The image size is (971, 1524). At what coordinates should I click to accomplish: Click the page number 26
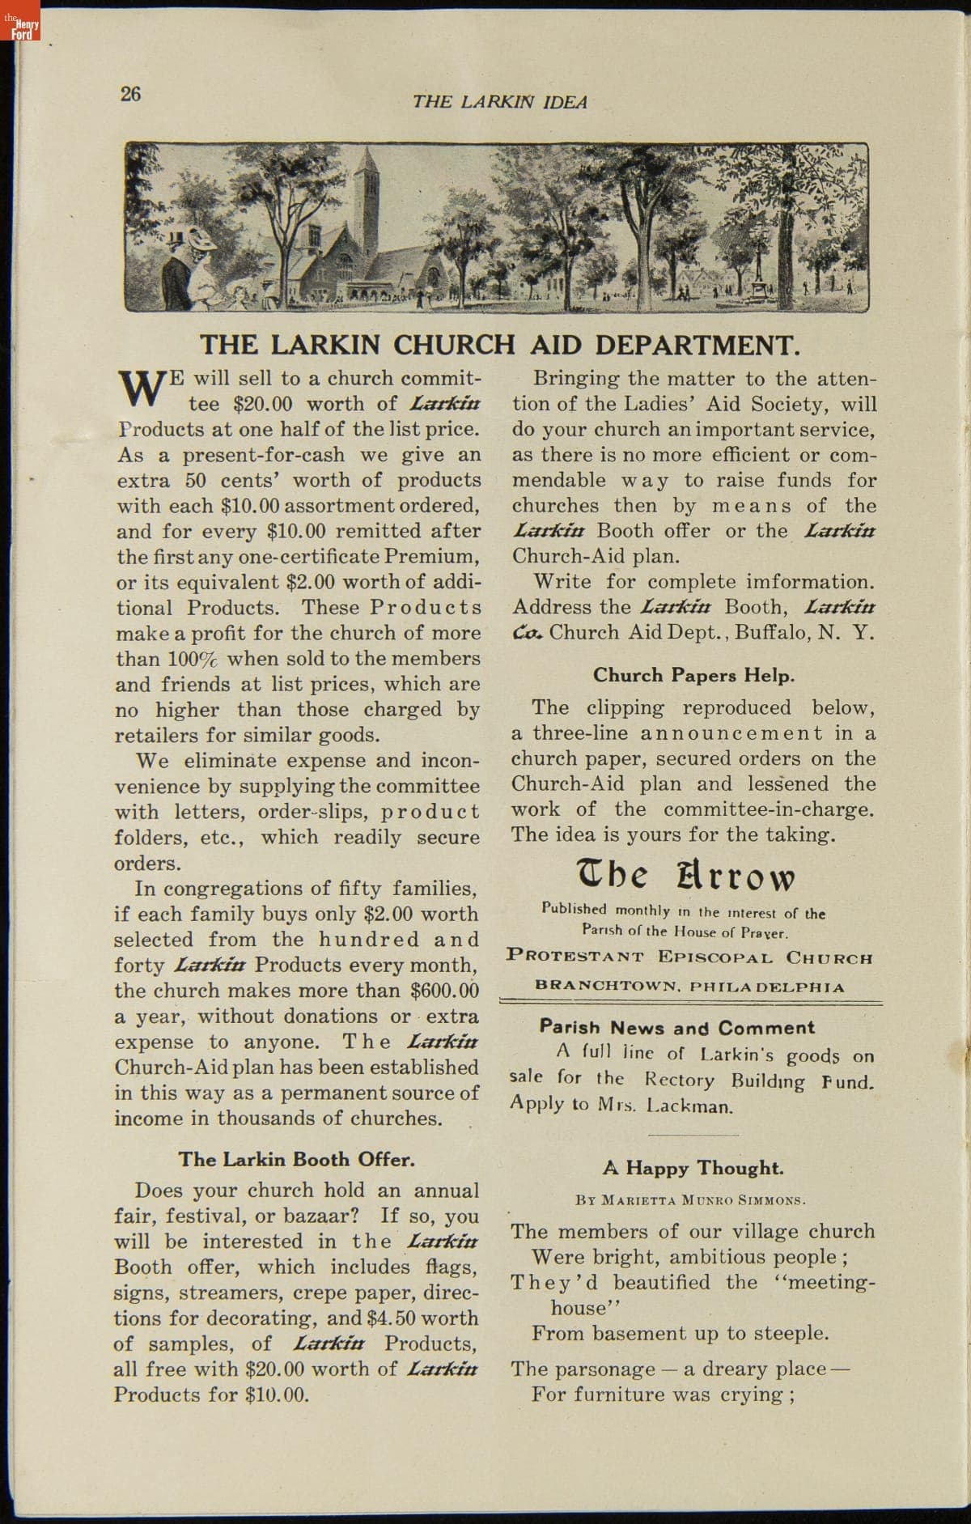tap(130, 94)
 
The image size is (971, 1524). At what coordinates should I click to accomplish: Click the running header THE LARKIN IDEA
tap(499, 102)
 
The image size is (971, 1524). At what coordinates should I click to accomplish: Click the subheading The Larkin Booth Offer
tap(296, 1159)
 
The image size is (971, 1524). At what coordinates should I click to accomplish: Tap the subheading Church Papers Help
tap(693, 675)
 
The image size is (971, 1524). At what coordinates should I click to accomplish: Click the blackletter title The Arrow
tap(685, 876)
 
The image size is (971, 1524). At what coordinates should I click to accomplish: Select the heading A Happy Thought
tap(693, 1168)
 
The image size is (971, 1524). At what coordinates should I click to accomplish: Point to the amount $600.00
tap(444, 991)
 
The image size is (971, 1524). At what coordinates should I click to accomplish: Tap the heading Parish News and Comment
tap(676, 1028)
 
